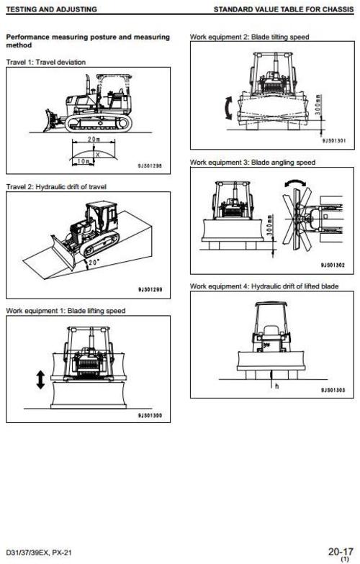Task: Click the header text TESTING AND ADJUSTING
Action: (51, 9)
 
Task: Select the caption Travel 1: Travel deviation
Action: (45, 63)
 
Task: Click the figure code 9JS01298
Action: (150, 165)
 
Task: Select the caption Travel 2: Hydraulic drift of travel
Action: (56, 186)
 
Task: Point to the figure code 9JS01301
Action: (333, 140)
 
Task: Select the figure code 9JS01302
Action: (333, 265)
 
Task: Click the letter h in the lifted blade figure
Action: (276, 386)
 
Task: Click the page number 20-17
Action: (340, 550)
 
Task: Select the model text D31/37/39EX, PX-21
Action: (39, 552)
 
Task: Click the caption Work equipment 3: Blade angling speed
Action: (252, 163)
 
